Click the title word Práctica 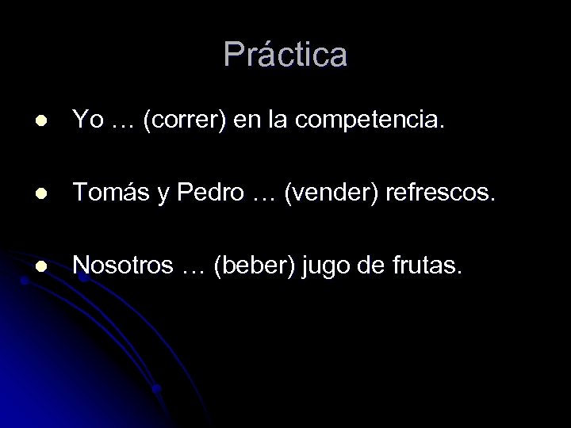[x=285, y=55]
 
